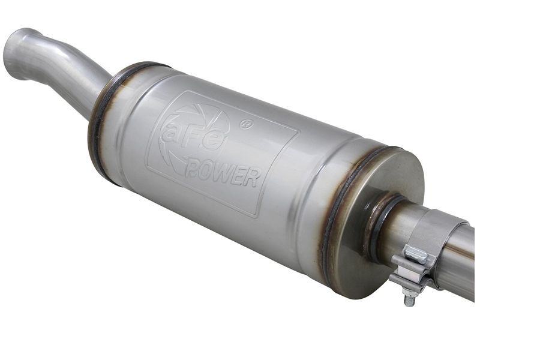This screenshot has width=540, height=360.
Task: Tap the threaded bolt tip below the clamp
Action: click(411, 301)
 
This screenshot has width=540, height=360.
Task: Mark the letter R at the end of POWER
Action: click(251, 178)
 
